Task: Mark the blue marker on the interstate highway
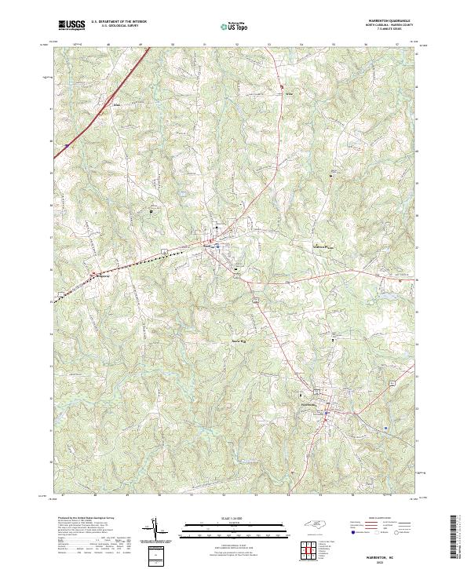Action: [x=68, y=144]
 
